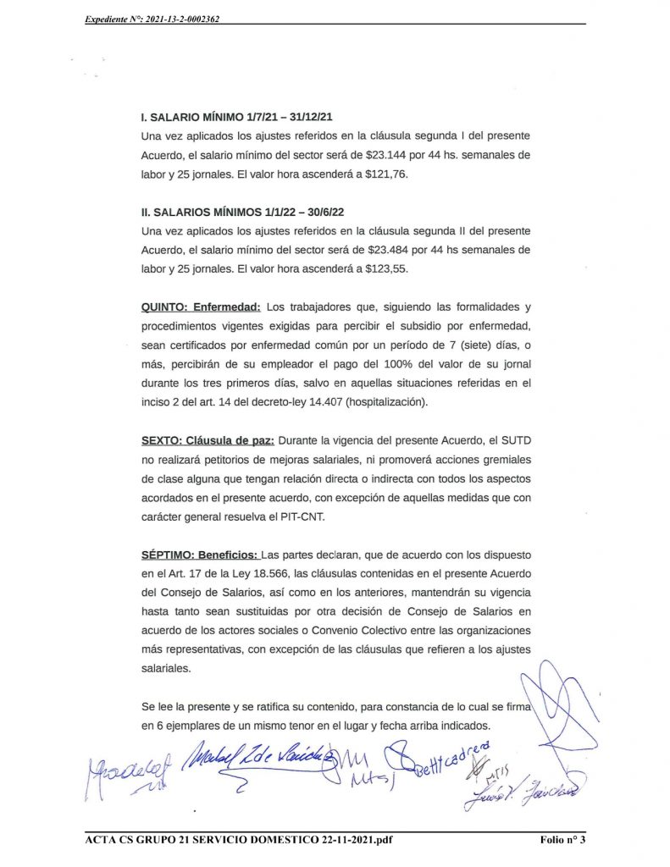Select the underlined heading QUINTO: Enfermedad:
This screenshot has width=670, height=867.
(x=200, y=306)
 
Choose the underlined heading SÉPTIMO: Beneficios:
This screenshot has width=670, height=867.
(x=199, y=556)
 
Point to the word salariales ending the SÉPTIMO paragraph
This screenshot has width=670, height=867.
(x=166, y=668)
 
